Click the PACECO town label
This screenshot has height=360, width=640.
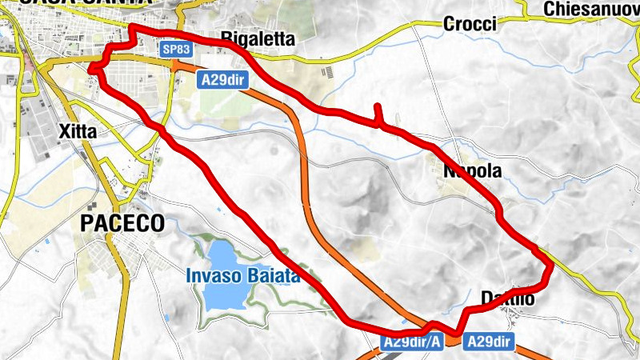click(122, 223)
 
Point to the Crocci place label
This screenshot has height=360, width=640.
click(470, 24)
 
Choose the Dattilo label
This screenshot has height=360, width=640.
click(507, 299)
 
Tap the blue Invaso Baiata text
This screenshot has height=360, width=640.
click(242, 277)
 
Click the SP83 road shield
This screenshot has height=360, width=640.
click(175, 50)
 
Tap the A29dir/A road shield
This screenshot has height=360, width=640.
click(411, 342)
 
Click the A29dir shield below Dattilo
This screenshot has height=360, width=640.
click(488, 341)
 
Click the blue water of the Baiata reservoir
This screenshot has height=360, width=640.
click(224, 296)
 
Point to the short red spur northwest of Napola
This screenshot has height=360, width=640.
click(377, 112)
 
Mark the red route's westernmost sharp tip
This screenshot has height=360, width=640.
click(90, 70)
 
